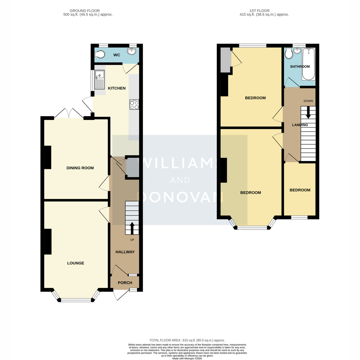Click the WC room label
coord(117,55)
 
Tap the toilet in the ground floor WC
coord(100,55)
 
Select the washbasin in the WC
coord(133,51)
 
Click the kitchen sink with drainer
coord(100,79)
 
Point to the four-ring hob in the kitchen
coord(134,104)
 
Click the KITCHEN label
coord(117,88)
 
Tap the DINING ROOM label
coord(80,168)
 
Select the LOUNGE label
coord(76,263)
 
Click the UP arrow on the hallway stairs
coord(132,228)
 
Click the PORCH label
coord(125,283)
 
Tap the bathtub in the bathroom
coord(309,64)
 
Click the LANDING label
coord(300,125)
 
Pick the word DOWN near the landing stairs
coord(308,101)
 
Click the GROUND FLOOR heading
coord(85,11)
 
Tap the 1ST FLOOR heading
coord(259,11)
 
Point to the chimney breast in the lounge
coord(48,241)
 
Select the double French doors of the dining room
coord(69,113)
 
